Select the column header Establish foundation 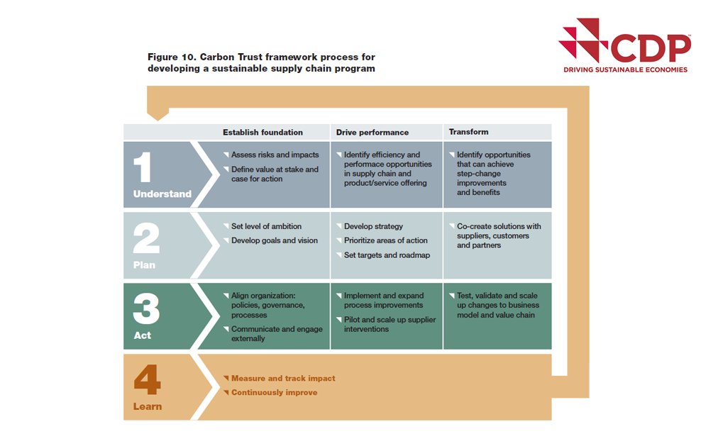[x=263, y=133]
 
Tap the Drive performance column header [x=372, y=133]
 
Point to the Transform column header [x=468, y=132]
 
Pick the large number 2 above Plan [x=145, y=239]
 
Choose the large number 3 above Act [x=145, y=308]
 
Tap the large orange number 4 [x=147, y=379]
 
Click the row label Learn [x=148, y=406]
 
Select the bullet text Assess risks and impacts [x=275, y=155]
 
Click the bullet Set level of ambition [x=266, y=226]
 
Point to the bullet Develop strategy [x=373, y=226]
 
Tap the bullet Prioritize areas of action [x=386, y=240]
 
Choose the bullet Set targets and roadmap [x=387, y=255]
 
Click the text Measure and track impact [x=283, y=378]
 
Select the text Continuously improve [x=274, y=392]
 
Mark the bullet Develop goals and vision [x=275, y=240]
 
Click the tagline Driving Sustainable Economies [x=625, y=69]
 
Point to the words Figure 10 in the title [x=170, y=57]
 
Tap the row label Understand [x=162, y=194]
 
